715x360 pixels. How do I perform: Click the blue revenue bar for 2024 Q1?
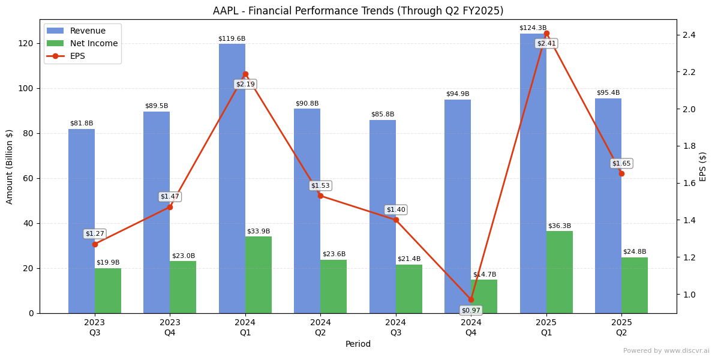(232, 180)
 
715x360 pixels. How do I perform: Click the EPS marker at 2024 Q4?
(471, 299)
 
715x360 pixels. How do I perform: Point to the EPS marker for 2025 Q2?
(621, 173)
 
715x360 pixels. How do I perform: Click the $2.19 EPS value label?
(245, 85)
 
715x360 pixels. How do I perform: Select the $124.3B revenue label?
(533, 28)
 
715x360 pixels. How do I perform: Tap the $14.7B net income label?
(485, 275)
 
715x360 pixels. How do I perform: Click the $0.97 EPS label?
(471, 310)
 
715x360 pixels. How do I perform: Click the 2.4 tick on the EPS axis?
(688, 35)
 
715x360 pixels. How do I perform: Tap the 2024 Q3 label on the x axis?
(396, 328)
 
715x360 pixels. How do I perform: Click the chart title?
(358, 11)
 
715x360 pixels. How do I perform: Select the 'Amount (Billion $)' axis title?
(10, 166)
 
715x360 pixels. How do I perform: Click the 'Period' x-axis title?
(358, 344)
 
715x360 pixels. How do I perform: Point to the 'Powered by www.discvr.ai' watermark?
(666, 351)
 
